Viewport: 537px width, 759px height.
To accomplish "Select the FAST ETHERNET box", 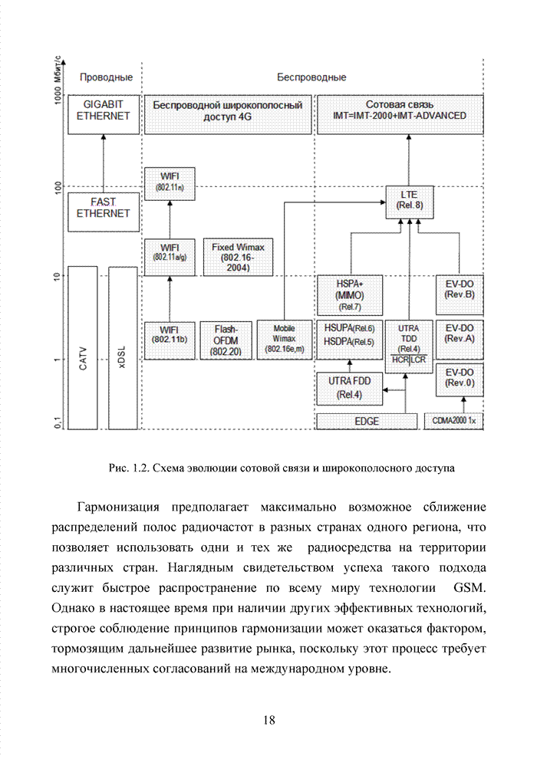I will tap(103, 211).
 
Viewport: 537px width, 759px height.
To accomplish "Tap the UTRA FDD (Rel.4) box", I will tap(349, 388).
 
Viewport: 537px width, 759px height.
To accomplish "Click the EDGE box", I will tap(367, 421).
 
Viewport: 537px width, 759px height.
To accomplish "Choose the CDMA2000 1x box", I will tap(454, 421).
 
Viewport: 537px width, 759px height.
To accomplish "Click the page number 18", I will tap(268, 719).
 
